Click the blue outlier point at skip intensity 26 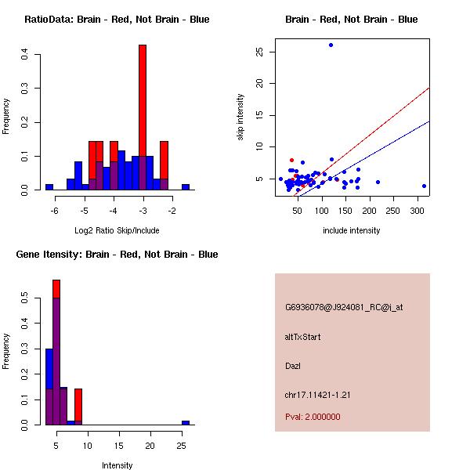[331, 45]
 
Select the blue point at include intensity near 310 [424, 186]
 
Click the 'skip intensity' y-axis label [241, 117]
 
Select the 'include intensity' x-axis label [352, 230]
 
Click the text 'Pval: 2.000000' [313, 417]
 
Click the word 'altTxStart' [302, 337]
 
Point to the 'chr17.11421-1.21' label [317, 395]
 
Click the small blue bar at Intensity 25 [186, 422]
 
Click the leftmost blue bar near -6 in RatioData [49, 187]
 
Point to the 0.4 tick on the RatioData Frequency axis [26, 54]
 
